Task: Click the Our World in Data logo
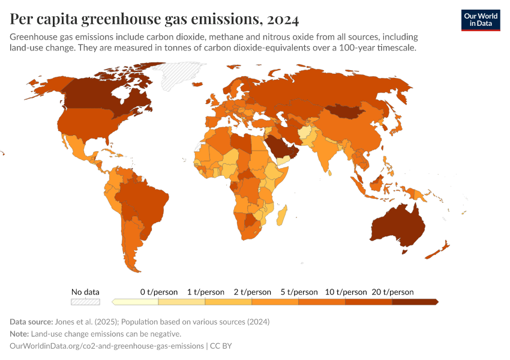pyautogui.click(x=480, y=20)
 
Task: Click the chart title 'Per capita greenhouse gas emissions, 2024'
pyautogui.click(x=154, y=20)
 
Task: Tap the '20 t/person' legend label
pyautogui.click(x=392, y=292)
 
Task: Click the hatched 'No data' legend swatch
pyautogui.click(x=85, y=302)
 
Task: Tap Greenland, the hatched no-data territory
pyautogui.click(x=174, y=73)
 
